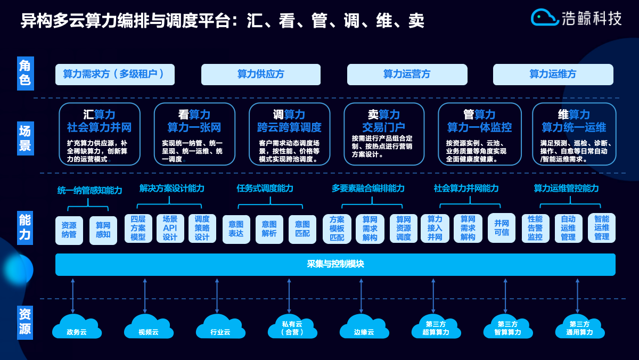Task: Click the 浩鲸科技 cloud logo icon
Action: tap(544, 18)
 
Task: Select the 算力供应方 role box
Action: tap(261, 75)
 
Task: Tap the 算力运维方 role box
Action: tap(553, 75)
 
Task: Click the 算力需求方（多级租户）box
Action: tap(115, 75)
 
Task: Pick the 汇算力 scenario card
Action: tap(99, 134)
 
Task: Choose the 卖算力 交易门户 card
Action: tap(383, 134)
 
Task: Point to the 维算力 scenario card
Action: tap(574, 134)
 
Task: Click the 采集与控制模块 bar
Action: tap(335, 264)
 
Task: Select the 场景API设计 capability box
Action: tap(170, 228)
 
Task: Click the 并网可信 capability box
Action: tap(501, 228)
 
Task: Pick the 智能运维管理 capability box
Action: tap(602, 228)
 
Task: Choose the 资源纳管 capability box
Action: tap(69, 230)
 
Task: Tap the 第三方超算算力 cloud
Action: tap(436, 326)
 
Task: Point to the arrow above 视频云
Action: tap(145, 296)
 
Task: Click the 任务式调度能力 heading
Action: tap(265, 189)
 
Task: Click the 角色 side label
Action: tap(25, 73)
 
